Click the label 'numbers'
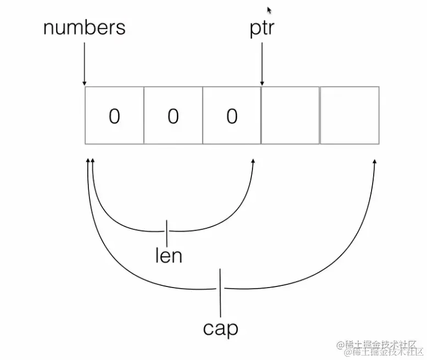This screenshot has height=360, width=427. [x=84, y=27]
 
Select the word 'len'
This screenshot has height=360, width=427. [x=168, y=256]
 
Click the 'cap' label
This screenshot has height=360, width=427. [x=221, y=328]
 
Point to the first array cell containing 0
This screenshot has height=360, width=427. [x=114, y=115]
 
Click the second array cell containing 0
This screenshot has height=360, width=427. [x=173, y=115]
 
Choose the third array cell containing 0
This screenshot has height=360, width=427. [x=232, y=115]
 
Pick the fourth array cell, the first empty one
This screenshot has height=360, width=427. [x=290, y=115]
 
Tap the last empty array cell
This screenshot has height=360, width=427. [x=350, y=115]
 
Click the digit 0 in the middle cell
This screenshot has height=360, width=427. [x=173, y=116]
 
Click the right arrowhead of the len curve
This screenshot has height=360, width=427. [x=252, y=162]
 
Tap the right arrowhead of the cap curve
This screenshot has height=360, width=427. [x=375, y=162]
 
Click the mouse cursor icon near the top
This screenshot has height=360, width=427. [x=269, y=10]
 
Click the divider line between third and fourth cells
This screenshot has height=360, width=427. [x=261, y=115]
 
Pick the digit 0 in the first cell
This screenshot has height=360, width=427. [x=114, y=116]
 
